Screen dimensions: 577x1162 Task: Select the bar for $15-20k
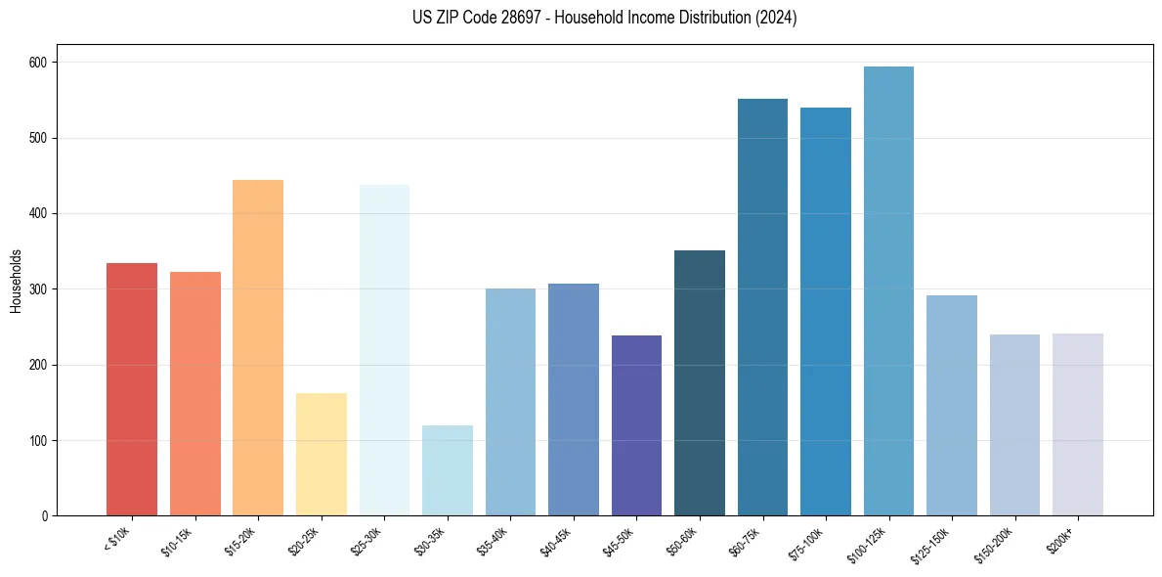point(258,347)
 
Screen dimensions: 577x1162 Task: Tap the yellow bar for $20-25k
point(322,454)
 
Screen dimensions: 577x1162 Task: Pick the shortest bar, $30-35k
point(448,470)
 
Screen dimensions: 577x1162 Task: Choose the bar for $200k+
point(1077,424)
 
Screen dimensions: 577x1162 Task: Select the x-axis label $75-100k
point(807,541)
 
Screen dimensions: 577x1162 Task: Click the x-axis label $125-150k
point(931,543)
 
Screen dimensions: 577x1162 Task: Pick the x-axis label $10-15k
point(177,541)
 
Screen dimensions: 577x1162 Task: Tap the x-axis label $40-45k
point(555,541)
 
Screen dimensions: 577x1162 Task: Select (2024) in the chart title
point(775,18)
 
